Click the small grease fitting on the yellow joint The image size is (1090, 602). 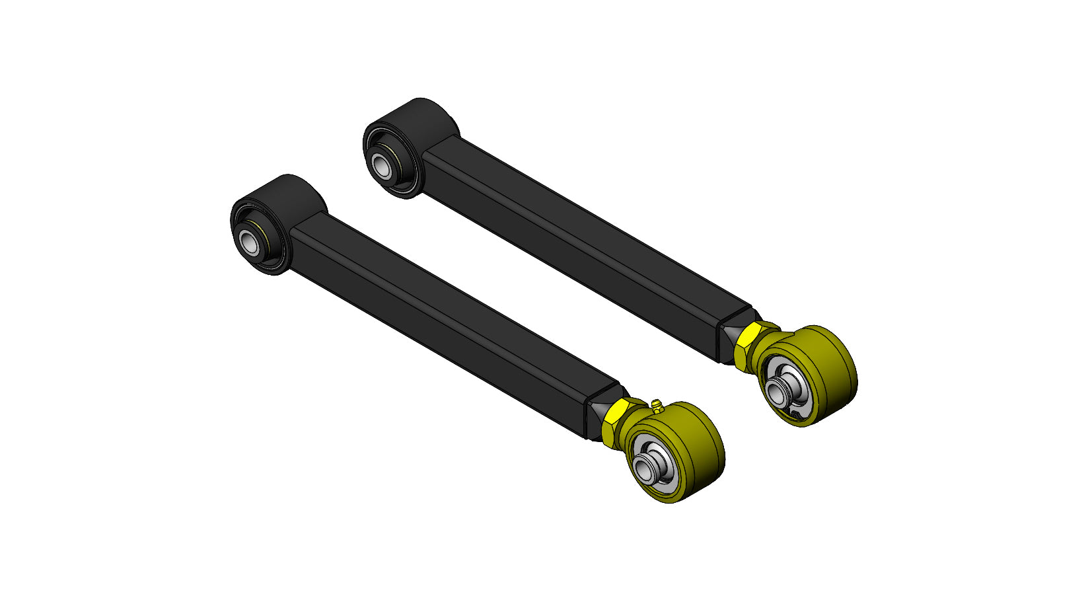655,405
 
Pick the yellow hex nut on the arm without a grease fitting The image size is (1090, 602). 747,346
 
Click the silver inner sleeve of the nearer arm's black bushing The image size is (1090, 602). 250,243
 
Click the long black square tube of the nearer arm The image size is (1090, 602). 449,317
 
